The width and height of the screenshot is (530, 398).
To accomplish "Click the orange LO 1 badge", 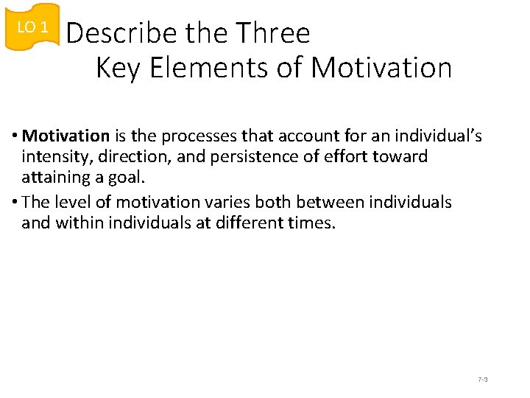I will pyautogui.click(x=32, y=27).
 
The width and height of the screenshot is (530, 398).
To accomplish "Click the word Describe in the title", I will pyautogui.click(x=121, y=33).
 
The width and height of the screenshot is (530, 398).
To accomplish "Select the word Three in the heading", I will pyautogui.click(x=273, y=33).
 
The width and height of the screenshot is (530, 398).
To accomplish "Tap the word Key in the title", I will pyautogui.click(x=119, y=68).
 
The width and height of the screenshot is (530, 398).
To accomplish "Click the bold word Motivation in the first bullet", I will pyautogui.click(x=66, y=136).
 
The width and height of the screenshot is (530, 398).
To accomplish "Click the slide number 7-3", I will pyautogui.click(x=483, y=380).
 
